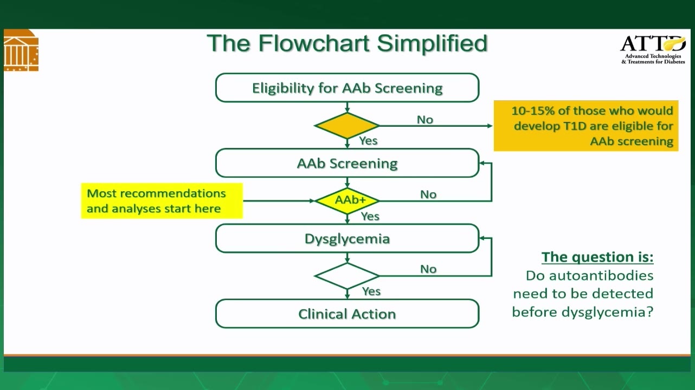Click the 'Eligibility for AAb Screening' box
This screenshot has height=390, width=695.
coord(347,88)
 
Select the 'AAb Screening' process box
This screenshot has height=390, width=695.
coord(347,163)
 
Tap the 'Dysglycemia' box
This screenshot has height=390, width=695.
coord(347,238)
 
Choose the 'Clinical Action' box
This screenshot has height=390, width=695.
coord(347,314)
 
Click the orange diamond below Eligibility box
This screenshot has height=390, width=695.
coord(347,126)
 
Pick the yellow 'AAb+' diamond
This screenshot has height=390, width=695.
coord(347,201)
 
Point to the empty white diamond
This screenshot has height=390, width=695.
coord(347,276)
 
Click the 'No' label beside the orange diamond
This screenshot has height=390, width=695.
coord(425,120)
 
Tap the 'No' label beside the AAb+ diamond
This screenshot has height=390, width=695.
coord(428,194)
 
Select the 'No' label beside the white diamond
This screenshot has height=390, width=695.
coord(428,269)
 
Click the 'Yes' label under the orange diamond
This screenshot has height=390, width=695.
coord(368,141)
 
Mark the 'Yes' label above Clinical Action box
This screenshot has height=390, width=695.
coord(371,291)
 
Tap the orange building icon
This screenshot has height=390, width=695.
coord(21,50)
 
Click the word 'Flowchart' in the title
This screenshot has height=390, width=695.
coord(314,43)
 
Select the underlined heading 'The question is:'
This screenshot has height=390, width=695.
coord(597,257)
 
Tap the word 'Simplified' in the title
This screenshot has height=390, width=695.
coord(433,44)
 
